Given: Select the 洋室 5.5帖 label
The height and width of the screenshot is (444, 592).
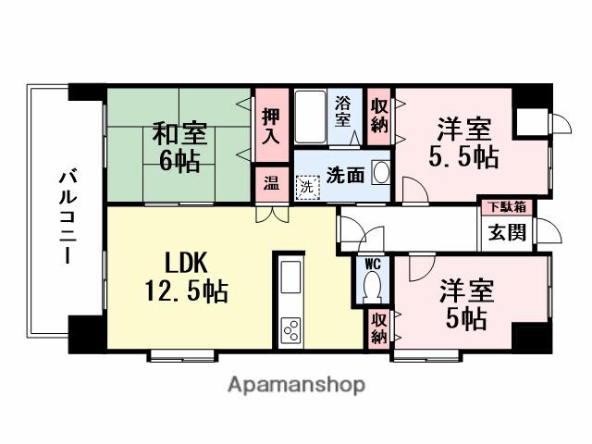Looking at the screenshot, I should pyautogui.click(x=462, y=142).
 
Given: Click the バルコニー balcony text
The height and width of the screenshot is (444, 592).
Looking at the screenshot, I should pyautogui.click(x=67, y=215).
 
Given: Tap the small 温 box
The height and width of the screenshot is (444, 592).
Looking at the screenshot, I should pyautogui.click(x=270, y=182).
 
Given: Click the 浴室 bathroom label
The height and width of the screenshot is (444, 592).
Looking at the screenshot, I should pyautogui.click(x=342, y=112).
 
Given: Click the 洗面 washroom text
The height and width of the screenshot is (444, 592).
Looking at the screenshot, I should pyautogui.click(x=344, y=174).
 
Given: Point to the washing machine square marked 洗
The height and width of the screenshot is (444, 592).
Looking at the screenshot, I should pyautogui.click(x=305, y=186).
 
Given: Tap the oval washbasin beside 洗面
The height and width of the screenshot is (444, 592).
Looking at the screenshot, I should pyautogui.click(x=379, y=172).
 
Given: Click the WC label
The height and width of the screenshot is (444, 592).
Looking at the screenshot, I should pyautogui.click(x=372, y=264).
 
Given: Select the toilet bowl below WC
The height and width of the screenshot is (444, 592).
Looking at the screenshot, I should pyautogui.click(x=372, y=288).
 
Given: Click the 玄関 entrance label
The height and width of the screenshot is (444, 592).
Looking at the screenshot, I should pyautogui.click(x=508, y=231).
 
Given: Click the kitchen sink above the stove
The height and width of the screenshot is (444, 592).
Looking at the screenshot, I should pyautogui.click(x=290, y=276).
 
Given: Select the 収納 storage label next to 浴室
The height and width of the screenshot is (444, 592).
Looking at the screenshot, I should pyautogui.click(x=378, y=117).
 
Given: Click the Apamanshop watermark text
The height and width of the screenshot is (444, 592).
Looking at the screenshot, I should pyautogui.click(x=296, y=384).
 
